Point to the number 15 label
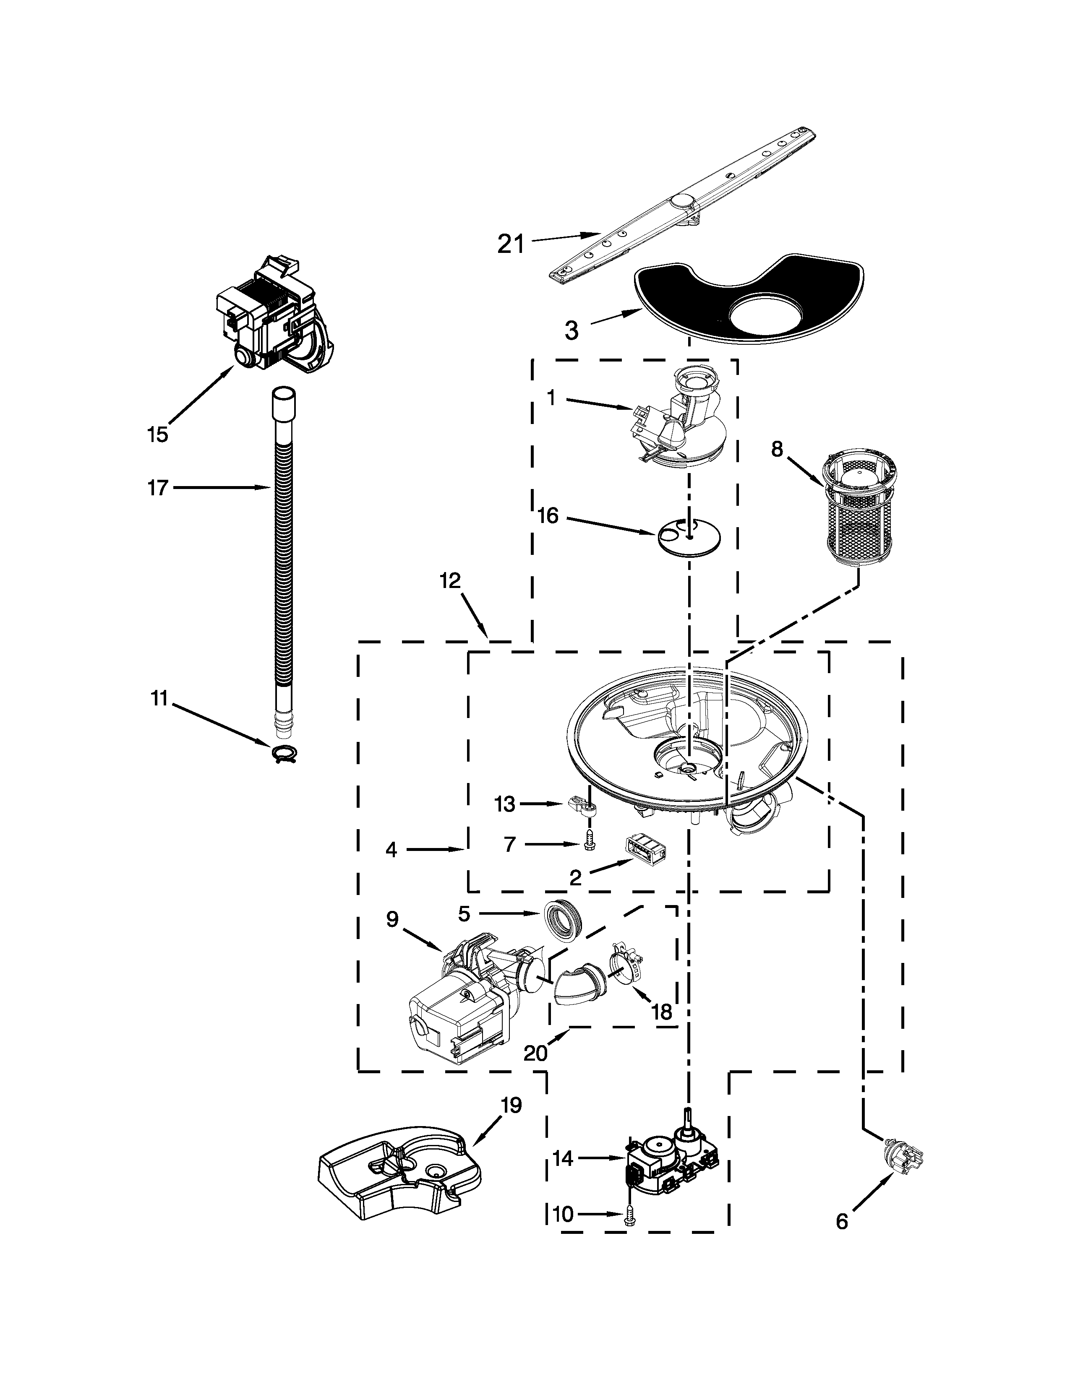coord(157,435)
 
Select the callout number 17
coord(158,487)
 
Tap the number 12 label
coord(450,581)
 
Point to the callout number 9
coord(392,919)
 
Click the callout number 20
coord(536,1053)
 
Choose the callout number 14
coord(562,1158)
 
